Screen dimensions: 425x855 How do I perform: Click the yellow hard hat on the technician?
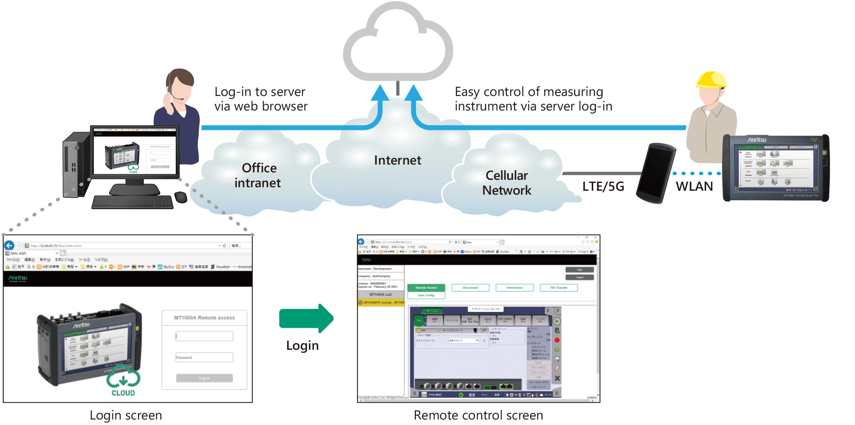tap(711, 80)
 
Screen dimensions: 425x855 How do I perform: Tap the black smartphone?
tap(656, 173)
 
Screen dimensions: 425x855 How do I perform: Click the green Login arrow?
tap(306, 318)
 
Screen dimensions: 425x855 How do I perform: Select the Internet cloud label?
tap(397, 160)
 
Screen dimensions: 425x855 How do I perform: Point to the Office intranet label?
tap(258, 175)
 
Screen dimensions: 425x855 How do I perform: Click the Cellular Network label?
tap(506, 183)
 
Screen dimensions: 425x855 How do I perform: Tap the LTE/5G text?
tap(603, 186)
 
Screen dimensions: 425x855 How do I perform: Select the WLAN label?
tap(694, 186)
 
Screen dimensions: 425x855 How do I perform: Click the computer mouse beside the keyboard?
tap(180, 197)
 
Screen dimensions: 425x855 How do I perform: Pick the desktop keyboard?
tap(132, 202)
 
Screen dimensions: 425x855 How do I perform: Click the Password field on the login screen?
tap(204, 357)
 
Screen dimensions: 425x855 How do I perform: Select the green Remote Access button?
tap(426, 288)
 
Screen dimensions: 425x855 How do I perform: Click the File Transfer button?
tap(558, 288)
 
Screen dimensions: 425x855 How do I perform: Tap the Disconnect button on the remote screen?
tap(470, 288)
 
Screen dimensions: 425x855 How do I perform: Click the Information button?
tap(514, 288)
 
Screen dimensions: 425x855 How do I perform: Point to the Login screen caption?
tap(126, 415)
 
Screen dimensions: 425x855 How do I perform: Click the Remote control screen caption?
tap(478, 415)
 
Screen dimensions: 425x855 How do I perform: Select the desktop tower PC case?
tap(76, 165)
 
